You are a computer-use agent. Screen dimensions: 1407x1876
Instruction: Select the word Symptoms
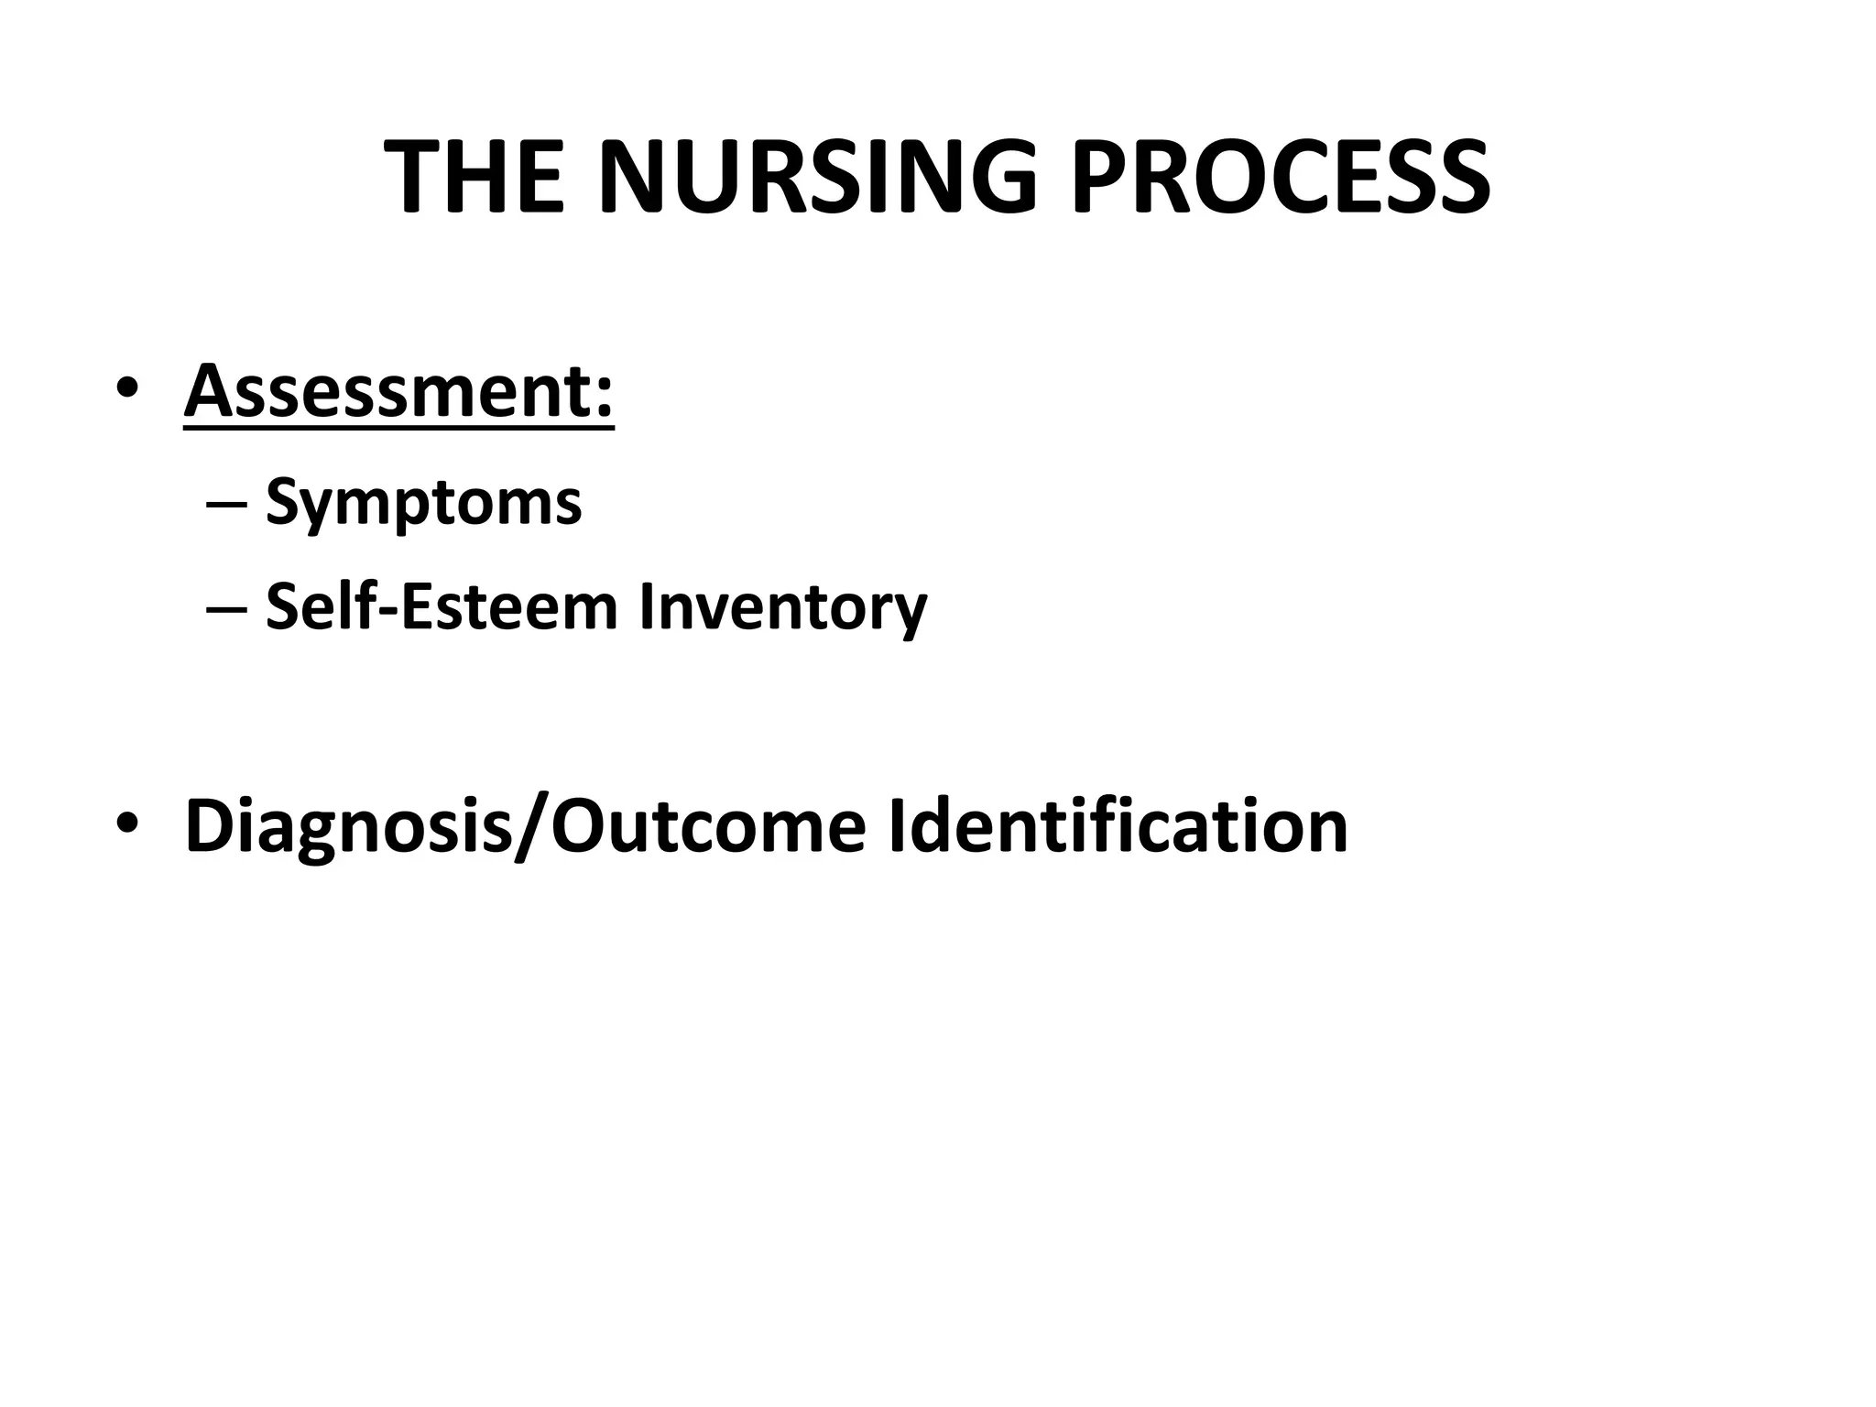423,504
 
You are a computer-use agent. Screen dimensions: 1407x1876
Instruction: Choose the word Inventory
782,608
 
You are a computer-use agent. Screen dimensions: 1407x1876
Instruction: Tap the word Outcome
706,825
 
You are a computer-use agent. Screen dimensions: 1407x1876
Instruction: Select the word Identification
1118,825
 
